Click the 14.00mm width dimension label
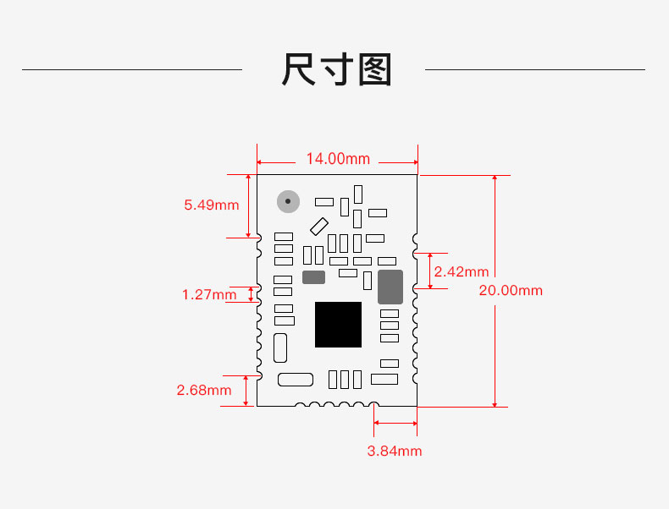coord(338,159)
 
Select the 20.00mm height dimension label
coord(511,291)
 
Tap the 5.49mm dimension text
coord(211,205)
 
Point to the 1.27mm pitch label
coord(209,294)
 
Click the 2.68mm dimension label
coord(204,390)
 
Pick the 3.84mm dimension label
coord(395,451)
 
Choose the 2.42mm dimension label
coord(462,271)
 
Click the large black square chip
coord(339,325)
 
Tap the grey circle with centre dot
coord(288,201)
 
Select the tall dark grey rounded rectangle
coord(390,287)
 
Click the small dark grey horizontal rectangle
coord(313,277)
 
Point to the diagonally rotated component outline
coord(319,227)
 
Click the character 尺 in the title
coord(298,69)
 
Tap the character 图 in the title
coord(374,69)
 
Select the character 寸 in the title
coord(337,69)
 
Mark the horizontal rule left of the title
coord(132,69)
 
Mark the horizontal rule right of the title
coord(535,69)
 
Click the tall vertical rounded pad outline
coord(280,348)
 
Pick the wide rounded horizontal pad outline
coord(296,380)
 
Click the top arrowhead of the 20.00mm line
coord(495,178)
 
